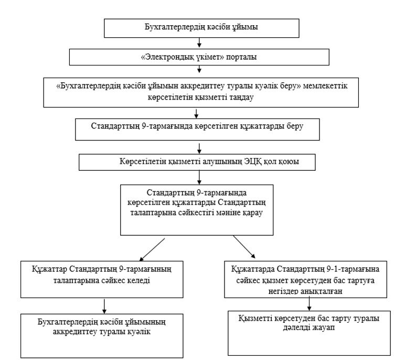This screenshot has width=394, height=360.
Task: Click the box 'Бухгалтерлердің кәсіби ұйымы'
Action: click(x=201, y=28)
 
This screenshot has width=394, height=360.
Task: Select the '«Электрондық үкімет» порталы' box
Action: click(x=199, y=57)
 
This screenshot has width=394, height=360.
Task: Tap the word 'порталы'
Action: click(x=241, y=57)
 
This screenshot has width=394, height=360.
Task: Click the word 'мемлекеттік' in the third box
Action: click(x=325, y=86)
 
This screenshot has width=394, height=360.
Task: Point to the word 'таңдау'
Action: click(x=241, y=97)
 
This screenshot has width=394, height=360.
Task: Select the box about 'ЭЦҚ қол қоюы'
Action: click(x=197, y=162)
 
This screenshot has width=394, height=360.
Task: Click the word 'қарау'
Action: click(x=252, y=213)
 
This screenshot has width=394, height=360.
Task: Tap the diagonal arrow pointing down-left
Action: click(x=152, y=249)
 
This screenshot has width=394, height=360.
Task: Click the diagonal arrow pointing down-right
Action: click(x=244, y=247)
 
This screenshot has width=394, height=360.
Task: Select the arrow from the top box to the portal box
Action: click(x=199, y=42)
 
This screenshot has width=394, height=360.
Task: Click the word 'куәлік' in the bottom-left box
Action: click(x=139, y=332)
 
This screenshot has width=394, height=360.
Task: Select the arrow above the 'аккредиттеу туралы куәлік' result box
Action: click(x=104, y=306)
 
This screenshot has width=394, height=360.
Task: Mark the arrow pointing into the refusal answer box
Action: click(x=310, y=303)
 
